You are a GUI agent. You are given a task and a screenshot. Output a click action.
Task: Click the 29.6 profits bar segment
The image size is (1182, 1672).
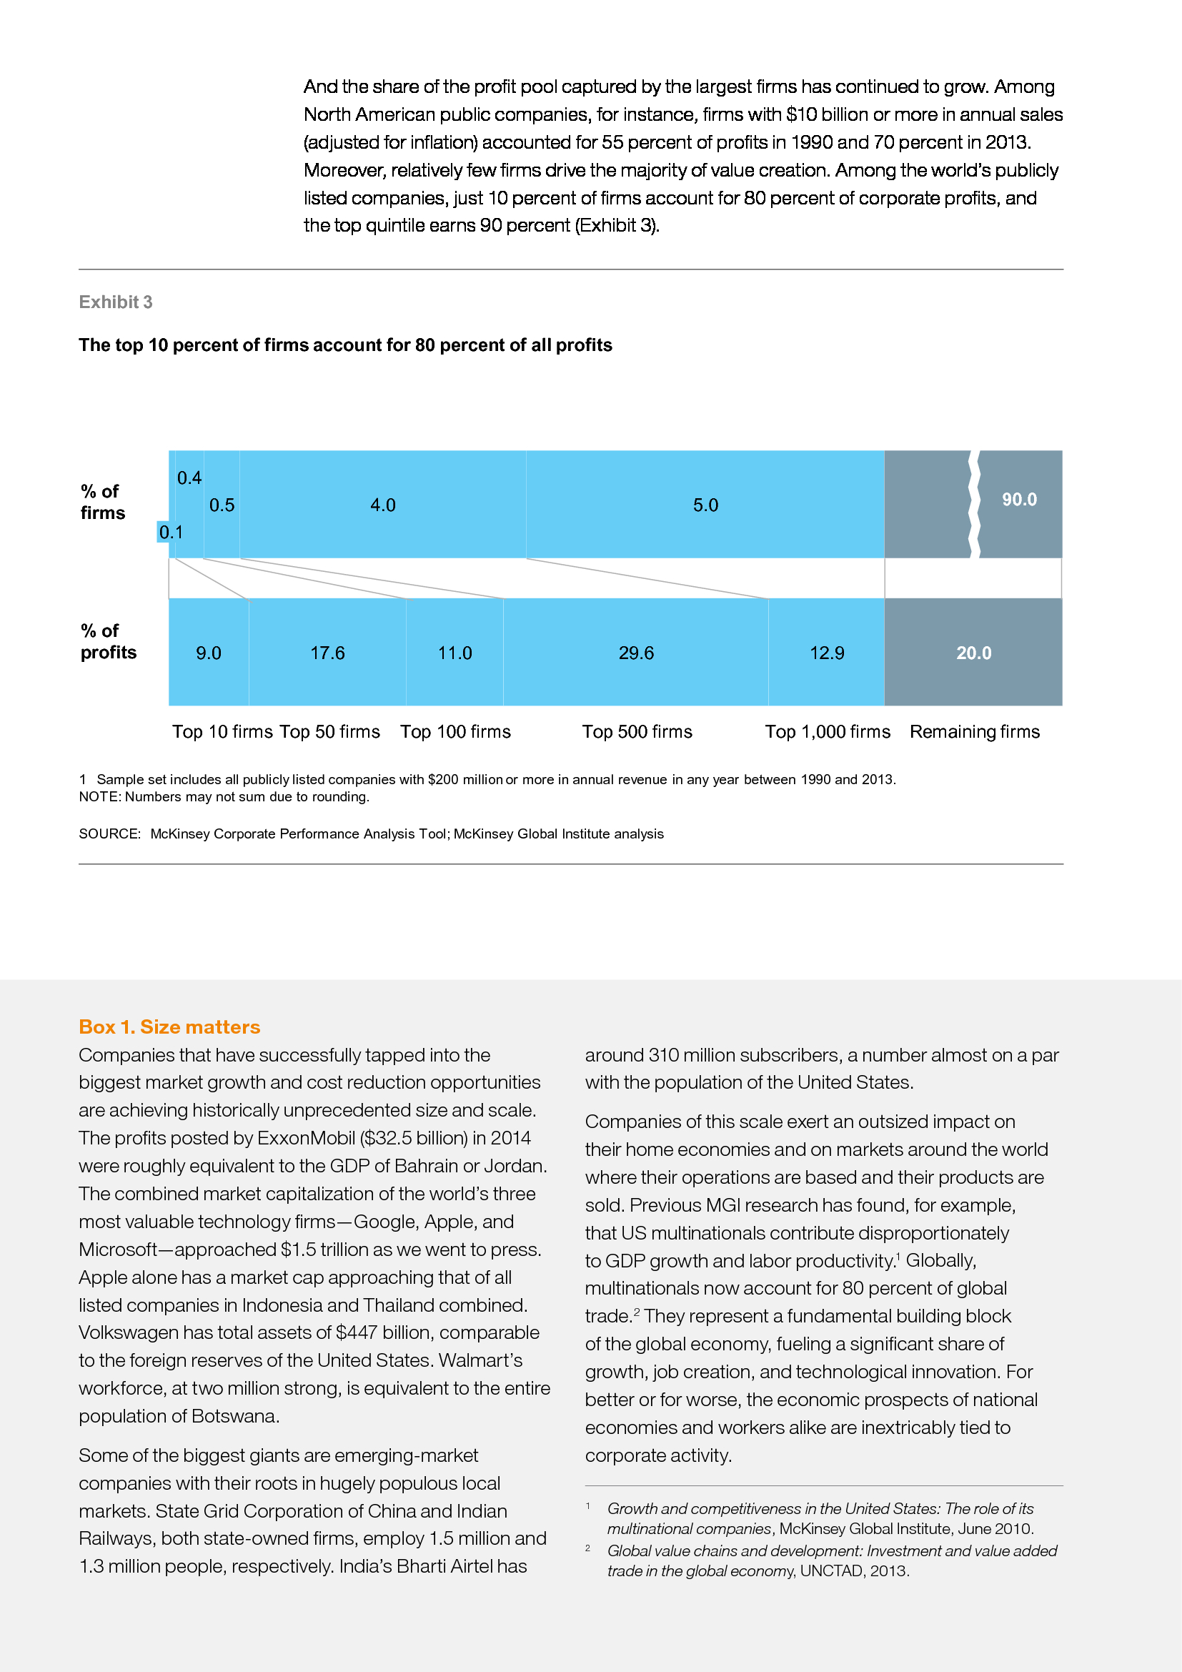point(635,653)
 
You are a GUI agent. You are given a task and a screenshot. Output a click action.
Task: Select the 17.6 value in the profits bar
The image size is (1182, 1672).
point(327,653)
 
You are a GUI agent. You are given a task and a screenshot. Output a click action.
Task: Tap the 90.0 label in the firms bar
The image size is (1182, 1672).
point(1019,500)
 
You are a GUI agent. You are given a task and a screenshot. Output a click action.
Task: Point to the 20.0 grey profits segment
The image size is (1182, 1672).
point(973,653)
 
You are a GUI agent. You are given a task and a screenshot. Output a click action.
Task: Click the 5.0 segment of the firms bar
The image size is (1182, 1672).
point(705,505)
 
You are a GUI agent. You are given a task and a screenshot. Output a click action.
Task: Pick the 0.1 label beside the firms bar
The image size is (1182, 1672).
point(170,533)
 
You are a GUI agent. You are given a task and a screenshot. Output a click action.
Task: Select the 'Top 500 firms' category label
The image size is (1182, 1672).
point(637,732)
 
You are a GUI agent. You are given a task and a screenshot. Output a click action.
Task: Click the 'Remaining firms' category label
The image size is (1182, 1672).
point(975,732)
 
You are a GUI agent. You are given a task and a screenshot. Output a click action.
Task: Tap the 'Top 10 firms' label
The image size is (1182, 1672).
point(222,732)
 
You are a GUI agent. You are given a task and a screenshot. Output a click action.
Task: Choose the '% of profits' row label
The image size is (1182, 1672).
point(108,641)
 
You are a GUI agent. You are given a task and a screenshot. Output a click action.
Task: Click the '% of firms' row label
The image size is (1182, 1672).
point(103,503)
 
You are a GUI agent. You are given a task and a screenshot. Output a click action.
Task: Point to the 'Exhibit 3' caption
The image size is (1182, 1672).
point(116,302)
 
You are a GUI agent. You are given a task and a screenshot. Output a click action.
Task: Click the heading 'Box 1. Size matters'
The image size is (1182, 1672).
point(169,1027)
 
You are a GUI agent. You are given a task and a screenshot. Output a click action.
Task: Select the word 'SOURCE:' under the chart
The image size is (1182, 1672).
point(109,833)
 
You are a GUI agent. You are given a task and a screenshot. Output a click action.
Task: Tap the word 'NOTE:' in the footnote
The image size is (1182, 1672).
point(100,796)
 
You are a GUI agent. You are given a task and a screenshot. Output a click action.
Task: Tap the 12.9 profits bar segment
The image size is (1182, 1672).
point(827,653)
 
